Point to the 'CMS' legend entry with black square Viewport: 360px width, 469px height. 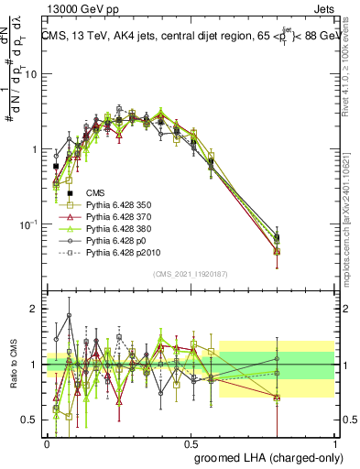click(95, 192)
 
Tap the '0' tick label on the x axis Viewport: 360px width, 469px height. click(47, 442)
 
